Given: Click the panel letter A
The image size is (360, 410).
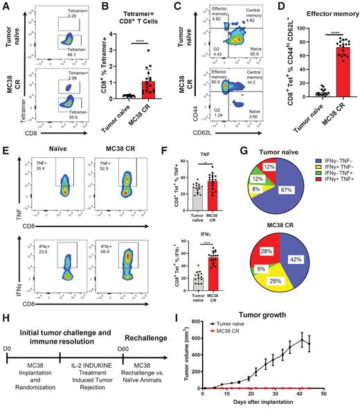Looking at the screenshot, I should point(6,6).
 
